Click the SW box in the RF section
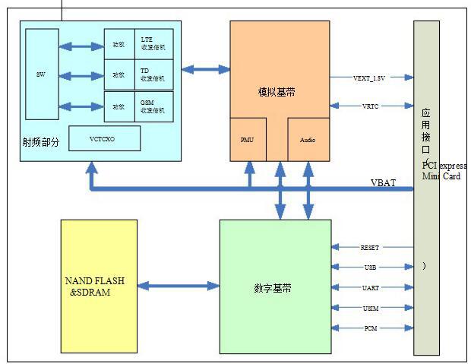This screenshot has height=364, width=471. pyautogui.click(x=40, y=74)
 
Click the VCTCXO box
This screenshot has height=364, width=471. pyautogui.click(x=104, y=138)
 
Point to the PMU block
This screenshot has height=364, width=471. pyautogui.click(x=248, y=140)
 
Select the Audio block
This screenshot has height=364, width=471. pyautogui.click(x=308, y=140)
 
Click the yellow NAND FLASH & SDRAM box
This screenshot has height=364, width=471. pyautogui.click(x=98, y=286)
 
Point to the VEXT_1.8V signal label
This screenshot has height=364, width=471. pyautogui.click(x=370, y=78)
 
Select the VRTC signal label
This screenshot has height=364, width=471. pyautogui.click(x=371, y=107)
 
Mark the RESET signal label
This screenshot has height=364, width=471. pyautogui.click(x=371, y=248)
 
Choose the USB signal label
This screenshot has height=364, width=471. pyautogui.click(x=371, y=267)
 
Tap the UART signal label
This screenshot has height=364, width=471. pyautogui.click(x=371, y=288)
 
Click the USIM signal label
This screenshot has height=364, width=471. pyautogui.click(x=371, y=308)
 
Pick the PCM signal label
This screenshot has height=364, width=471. pyautogui.click(x=371, y=328)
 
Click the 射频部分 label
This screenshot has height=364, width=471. pyautogui.click(x=41, y=142)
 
